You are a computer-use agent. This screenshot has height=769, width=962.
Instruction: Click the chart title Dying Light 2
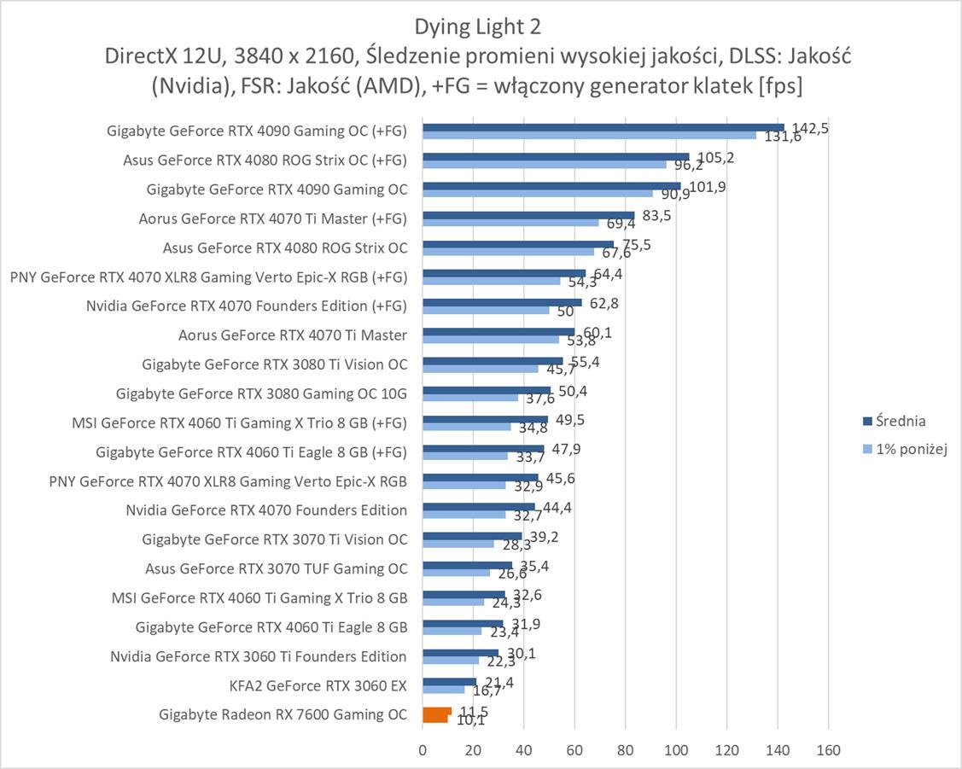coord(477,26)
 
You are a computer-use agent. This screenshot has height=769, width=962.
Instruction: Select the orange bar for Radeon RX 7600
coord(435,714)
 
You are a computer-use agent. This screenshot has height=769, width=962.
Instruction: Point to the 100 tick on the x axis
coord(676,750)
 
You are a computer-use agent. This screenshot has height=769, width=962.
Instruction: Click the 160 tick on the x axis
coord(828,750)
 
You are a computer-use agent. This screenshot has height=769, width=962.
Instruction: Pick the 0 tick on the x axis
coord(423,750)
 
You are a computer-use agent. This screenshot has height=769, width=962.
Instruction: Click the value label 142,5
coord(810,128)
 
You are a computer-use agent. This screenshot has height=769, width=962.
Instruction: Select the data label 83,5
coord(656,216)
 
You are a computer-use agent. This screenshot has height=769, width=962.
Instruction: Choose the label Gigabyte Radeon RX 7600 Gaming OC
coord(283,714)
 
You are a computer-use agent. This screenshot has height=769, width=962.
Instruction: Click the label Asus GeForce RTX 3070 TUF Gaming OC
coord(276,568)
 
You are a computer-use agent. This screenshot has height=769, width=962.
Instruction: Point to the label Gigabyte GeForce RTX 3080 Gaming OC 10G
coord(261,393)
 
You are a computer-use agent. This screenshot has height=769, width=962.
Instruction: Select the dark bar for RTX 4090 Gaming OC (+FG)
coord(603,127)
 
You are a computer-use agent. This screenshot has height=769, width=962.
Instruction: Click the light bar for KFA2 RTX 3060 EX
coord(443,689)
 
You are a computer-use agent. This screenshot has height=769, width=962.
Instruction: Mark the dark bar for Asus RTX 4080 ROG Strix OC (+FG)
coord(555,156)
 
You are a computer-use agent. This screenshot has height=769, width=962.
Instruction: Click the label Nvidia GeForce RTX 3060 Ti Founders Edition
coord(258,656)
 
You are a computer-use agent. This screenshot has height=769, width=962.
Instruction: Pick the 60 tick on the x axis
coord(574,750)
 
